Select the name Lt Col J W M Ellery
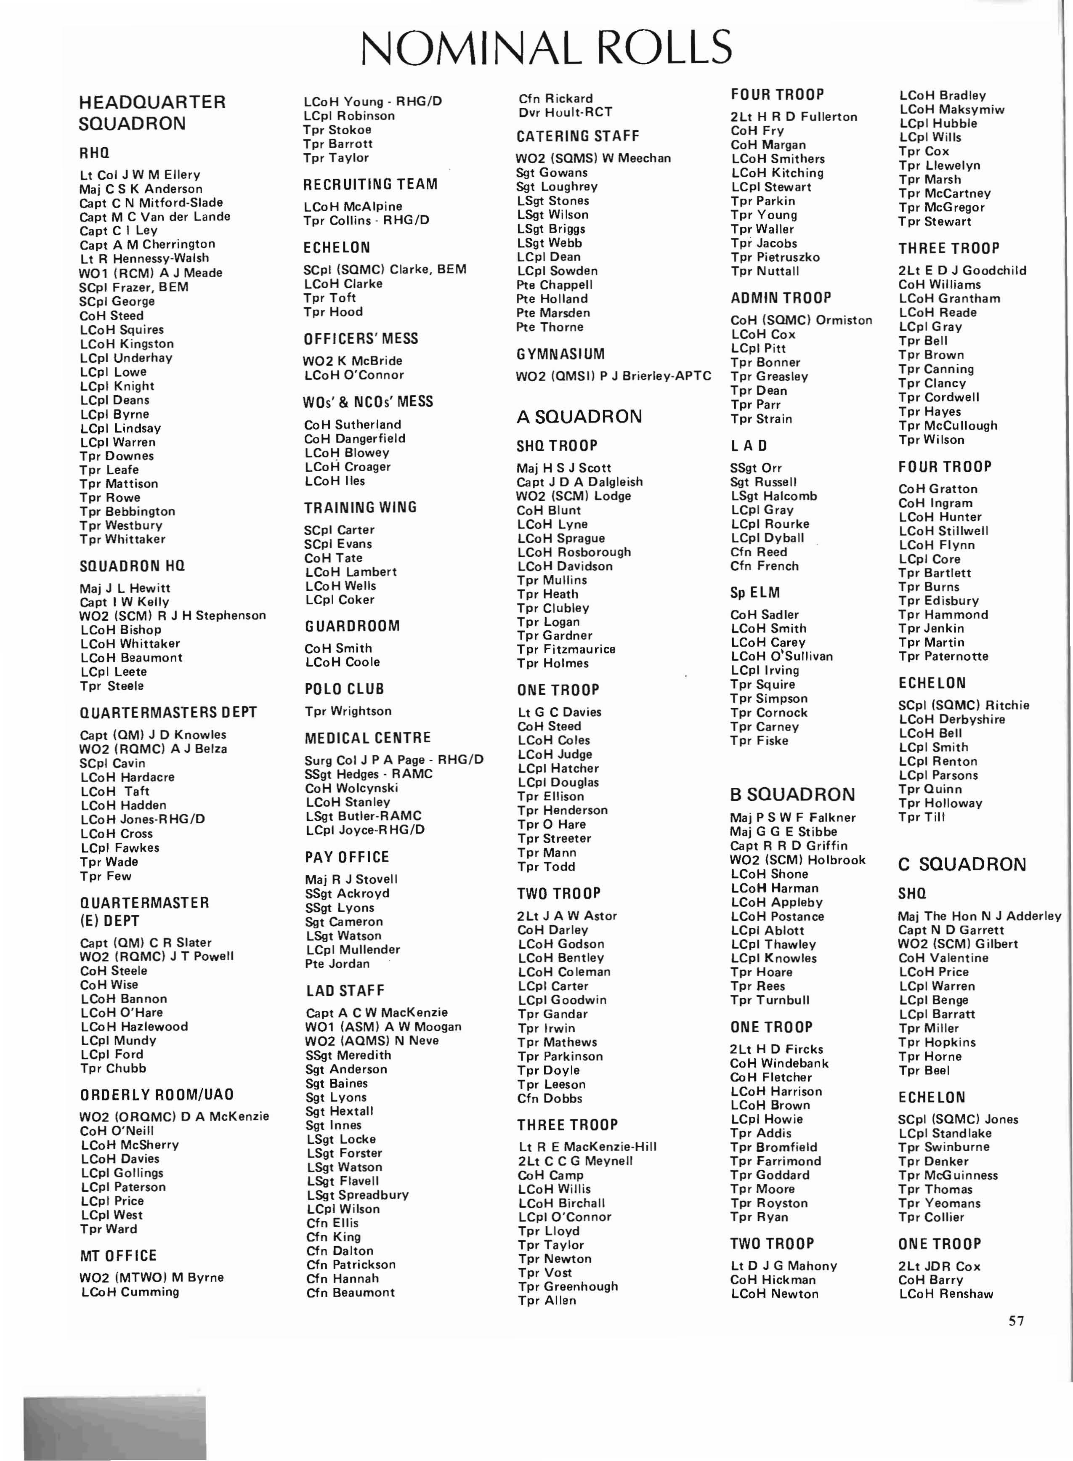point(140,175)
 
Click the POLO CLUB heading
point(344,688)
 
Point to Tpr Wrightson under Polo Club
point(348,711)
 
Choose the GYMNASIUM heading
point(560,354)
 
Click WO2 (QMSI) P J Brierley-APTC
point(613,376)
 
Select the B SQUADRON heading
point(792,794)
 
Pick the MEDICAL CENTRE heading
point(368,738)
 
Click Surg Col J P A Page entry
point(393,760)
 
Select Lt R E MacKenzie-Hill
point(587,1147)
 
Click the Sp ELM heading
point(755,592)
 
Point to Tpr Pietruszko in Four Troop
point(775,257)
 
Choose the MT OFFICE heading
point(118,1256)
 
